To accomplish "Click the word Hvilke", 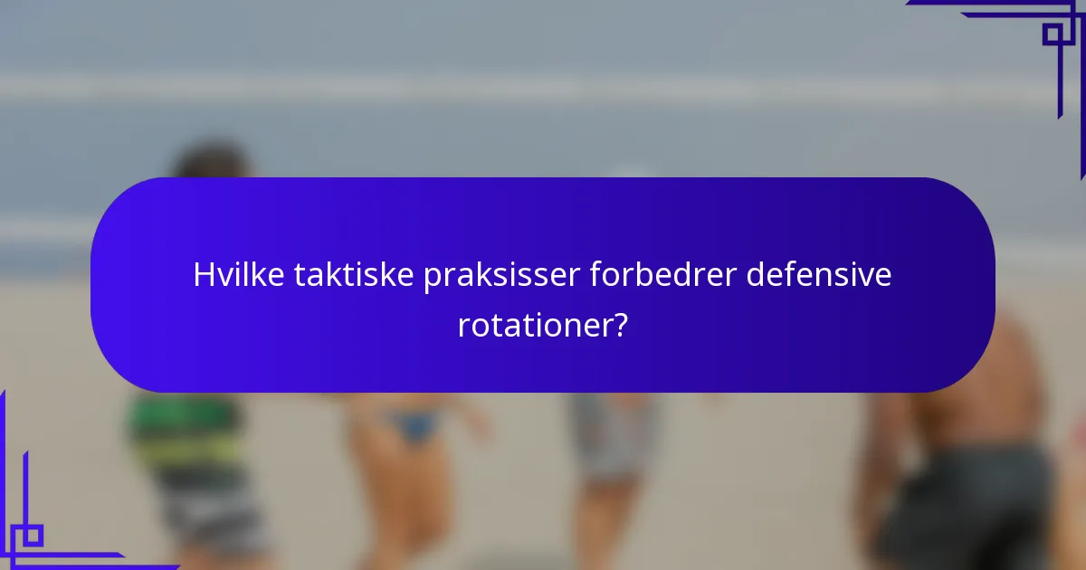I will [239, 276].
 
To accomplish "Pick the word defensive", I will [818, 276].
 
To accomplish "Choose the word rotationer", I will [532, 326].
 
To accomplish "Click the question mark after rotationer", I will [619, 326].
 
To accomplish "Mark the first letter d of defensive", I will [755, 276].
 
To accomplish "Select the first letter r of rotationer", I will [462, 328].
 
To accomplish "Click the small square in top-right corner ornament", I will [1053, 34].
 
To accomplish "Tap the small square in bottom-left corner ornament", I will [32, 535].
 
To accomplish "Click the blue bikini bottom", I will [414, 425].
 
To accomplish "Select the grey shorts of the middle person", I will [615, 434].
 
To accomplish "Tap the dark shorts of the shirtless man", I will [964, 507].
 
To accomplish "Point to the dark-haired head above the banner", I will [214, 163].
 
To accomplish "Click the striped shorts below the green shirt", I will [213, 516].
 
